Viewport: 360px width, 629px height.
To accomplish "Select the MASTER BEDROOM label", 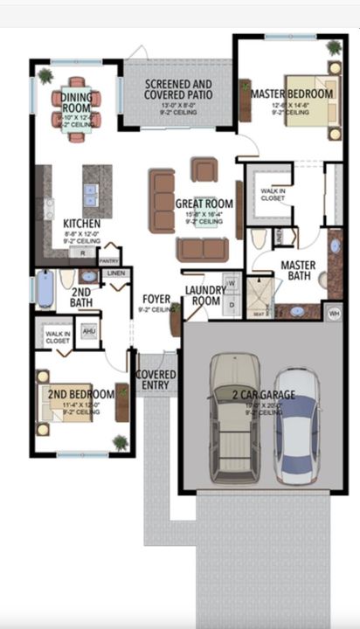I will pos(291,93).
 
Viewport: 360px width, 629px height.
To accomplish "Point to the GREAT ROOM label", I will pos(202,204).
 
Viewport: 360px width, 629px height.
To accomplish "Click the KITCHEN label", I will pos(81,224).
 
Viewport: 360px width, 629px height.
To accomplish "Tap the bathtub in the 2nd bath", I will pos(45,288).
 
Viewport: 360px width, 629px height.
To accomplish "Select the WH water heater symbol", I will pos(333,311).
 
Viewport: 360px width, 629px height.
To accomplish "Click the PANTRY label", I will pos(109,260).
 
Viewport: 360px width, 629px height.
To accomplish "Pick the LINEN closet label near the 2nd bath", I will pos(115,273).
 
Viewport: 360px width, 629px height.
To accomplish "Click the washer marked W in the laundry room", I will pos(232,283).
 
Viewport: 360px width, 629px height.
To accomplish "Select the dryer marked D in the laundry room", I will pos(232,303).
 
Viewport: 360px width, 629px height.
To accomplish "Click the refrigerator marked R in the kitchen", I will pos(83,252).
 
